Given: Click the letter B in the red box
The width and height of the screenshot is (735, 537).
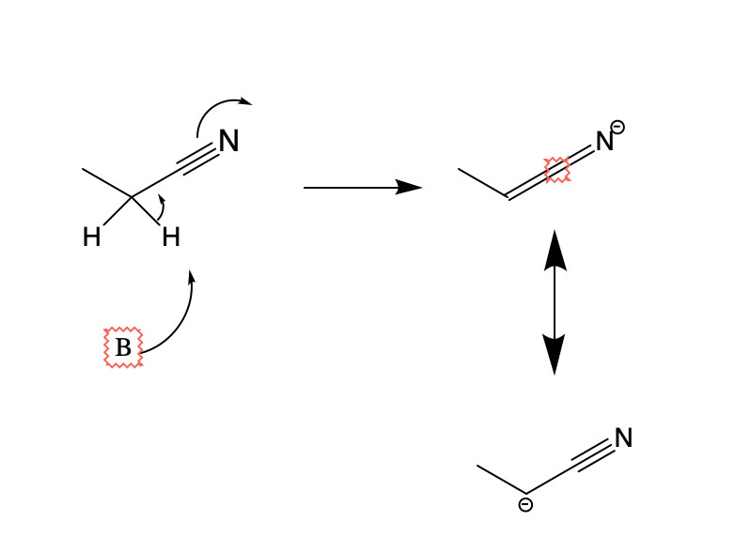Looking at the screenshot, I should pos(123,348).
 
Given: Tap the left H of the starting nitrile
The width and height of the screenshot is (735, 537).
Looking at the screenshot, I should pos(91,238).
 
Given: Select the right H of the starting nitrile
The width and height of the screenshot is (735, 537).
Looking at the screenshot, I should pos(170,238).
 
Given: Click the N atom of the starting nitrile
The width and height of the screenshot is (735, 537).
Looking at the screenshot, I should pos(228,142).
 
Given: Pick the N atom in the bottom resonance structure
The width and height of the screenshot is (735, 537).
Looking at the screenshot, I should pos(623,438).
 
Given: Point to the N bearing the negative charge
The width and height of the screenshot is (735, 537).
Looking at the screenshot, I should pos(604,142).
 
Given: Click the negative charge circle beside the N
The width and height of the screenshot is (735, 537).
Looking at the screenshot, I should pos(618,127).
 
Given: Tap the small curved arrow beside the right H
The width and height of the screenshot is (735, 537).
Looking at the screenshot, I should pos(162,208).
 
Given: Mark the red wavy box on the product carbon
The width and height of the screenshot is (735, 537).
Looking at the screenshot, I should pos(557,170).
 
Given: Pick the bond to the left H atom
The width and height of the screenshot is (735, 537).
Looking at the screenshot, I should pos(117,211).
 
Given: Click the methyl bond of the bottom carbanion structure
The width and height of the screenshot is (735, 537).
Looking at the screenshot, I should pos(501,479).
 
